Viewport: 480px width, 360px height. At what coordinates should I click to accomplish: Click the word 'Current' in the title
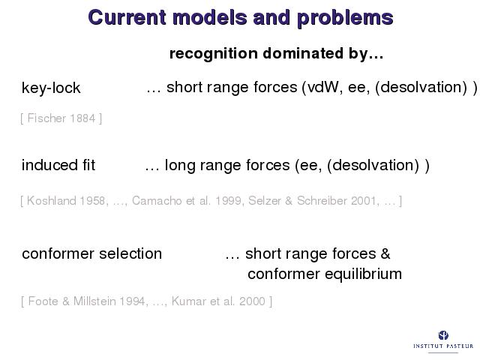pos(127,17)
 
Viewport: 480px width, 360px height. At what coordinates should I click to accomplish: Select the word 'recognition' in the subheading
pos(214,54)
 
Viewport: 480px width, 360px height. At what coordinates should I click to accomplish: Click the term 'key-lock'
pos(51,88)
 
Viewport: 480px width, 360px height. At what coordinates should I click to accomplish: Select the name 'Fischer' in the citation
pos(46,118)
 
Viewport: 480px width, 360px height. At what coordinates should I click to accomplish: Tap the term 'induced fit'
pos(58,165)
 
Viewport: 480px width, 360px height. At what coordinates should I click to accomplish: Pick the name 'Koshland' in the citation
pos(52,201)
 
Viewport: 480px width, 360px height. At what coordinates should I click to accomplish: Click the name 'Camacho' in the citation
pos(157,201)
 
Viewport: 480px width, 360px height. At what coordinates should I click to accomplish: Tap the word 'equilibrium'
pos(363,274)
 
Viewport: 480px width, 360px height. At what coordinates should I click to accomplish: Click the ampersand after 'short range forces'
pos(385,253)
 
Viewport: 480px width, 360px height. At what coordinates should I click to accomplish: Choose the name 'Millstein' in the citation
pos(94,301)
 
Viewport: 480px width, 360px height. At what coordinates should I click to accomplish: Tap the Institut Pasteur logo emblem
pos(443,335)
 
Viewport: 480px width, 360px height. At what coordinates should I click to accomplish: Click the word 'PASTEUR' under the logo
pos(458,346)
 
